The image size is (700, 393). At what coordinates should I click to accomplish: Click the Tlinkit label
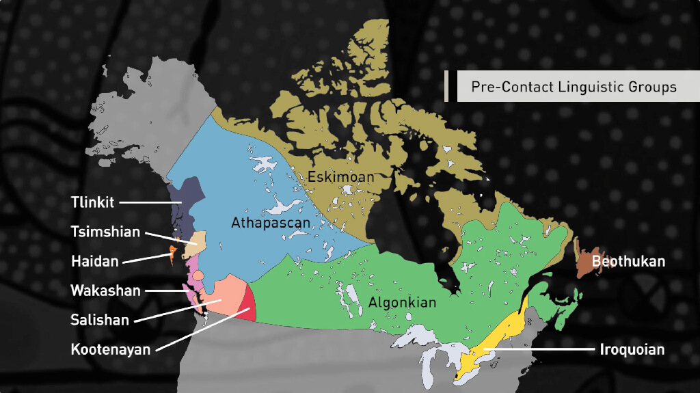(x=92, y=202)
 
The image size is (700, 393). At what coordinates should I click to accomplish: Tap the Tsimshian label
(x=105, y=232)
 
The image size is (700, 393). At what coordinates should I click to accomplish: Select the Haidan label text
(x=94, y=261)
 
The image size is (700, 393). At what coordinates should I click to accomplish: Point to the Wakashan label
(x=105, y=290)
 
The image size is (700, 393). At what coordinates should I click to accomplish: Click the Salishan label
(x=100, y=319)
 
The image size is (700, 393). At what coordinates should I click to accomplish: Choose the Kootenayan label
(x=110, y=349)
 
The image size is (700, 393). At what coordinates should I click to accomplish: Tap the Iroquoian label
(x=632, y=349)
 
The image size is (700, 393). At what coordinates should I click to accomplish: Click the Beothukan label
(x=628, y=261)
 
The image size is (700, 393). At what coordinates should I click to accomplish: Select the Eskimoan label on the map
(x=340, y=177)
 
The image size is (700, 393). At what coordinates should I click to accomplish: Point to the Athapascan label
(x=270, y=223)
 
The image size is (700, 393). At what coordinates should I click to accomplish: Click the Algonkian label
(x=402, y=302)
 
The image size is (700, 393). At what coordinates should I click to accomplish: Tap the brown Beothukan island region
(x=585, y=264)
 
